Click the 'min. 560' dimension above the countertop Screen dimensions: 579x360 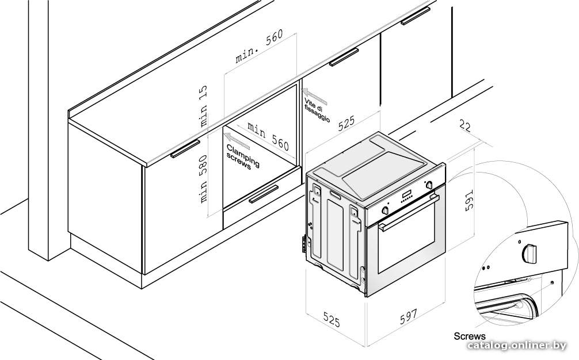click(260, 46)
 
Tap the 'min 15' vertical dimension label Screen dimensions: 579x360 click(203, 106)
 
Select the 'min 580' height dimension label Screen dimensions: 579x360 click(203, 178)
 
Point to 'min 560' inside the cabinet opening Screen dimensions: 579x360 click(268, 136)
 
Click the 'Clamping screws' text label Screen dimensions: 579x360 click(243, 157)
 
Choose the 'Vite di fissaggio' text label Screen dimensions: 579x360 click(317, 110)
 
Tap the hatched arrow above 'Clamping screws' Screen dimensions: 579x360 click(237, 141)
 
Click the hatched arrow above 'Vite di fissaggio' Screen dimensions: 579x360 click(314, 95)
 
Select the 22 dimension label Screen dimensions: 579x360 click(465, 125)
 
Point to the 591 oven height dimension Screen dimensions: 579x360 click(468, 201)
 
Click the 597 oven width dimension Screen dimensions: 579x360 click(408, 316)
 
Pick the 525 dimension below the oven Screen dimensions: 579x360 click(331, 319)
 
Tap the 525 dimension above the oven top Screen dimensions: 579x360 click(346, 123)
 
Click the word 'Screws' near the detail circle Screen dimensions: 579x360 click(470, 336)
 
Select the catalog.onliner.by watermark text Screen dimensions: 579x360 click(516, 346)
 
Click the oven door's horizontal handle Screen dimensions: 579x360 click(409, 213)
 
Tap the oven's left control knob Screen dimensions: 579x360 click(385, 210)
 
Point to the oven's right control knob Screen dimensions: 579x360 click(429, 185)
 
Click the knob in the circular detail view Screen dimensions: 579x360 click(530, 254)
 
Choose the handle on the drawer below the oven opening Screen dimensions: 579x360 click(264, 194)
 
